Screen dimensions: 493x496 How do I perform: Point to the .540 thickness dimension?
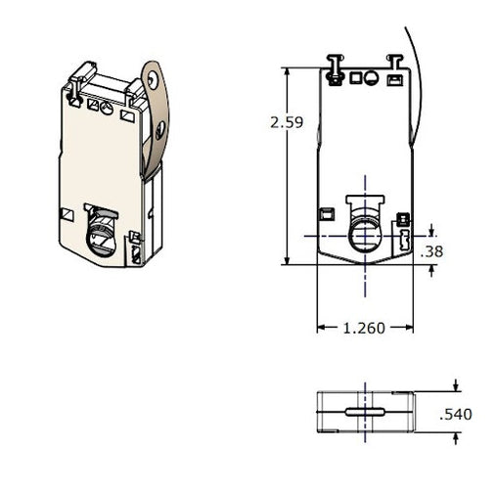(456, 415)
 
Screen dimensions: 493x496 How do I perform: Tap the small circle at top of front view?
(355, 76)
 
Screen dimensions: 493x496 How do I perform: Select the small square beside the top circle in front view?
(370, 76)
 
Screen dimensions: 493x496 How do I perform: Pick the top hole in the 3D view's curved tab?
(152, 77)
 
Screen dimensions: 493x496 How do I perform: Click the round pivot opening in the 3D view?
(101, 237)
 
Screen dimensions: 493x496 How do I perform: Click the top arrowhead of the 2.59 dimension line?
(285, 71)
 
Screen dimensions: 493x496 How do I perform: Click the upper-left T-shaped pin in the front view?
(335, 64)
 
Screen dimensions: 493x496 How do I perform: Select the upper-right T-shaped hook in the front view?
(395, 61)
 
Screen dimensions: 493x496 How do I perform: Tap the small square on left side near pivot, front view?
(328, 213)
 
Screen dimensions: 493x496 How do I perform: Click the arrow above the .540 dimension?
(458, 387)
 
